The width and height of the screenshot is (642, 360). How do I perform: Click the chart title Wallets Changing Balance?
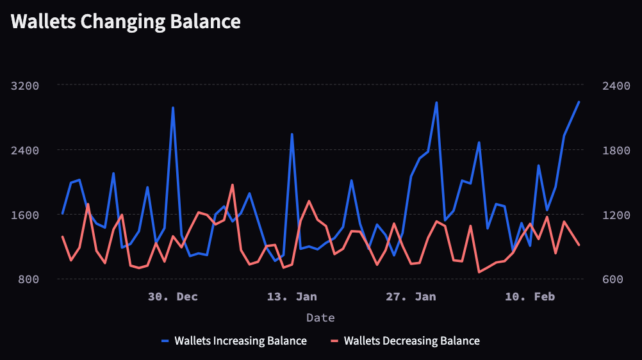(x=126, y=22)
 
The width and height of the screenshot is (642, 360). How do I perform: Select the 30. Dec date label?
(x=173, y=297)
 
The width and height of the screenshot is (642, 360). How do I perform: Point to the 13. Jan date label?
(x=292, y=297)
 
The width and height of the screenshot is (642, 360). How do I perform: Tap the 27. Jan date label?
(x=411, y=297)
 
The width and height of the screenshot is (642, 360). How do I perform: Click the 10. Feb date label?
(x=530, y=297)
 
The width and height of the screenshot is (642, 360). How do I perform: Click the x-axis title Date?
(x=320, y=318)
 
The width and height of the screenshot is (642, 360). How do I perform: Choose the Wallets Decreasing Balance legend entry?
(x=411, y=341)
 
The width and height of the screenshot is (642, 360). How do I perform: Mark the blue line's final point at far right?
(x=579, y=102)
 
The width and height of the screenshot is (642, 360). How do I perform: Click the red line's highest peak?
(x=233, y=184)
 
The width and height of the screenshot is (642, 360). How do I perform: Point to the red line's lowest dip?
(x=479, y=272)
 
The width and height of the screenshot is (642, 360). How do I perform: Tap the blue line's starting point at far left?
(x=62, y=213)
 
